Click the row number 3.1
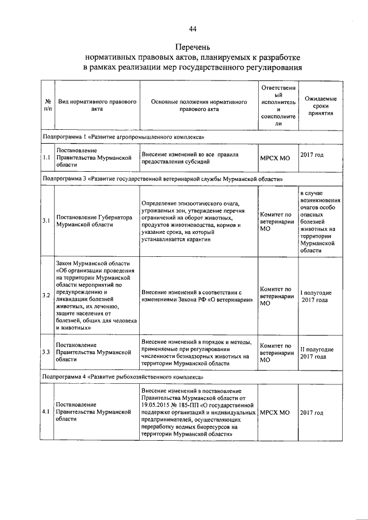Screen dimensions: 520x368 tap(46, 221)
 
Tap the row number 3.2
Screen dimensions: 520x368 tap(46, 295)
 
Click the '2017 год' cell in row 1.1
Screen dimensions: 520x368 tap(312, 155)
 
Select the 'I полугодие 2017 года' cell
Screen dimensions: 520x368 tap(315, 296)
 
